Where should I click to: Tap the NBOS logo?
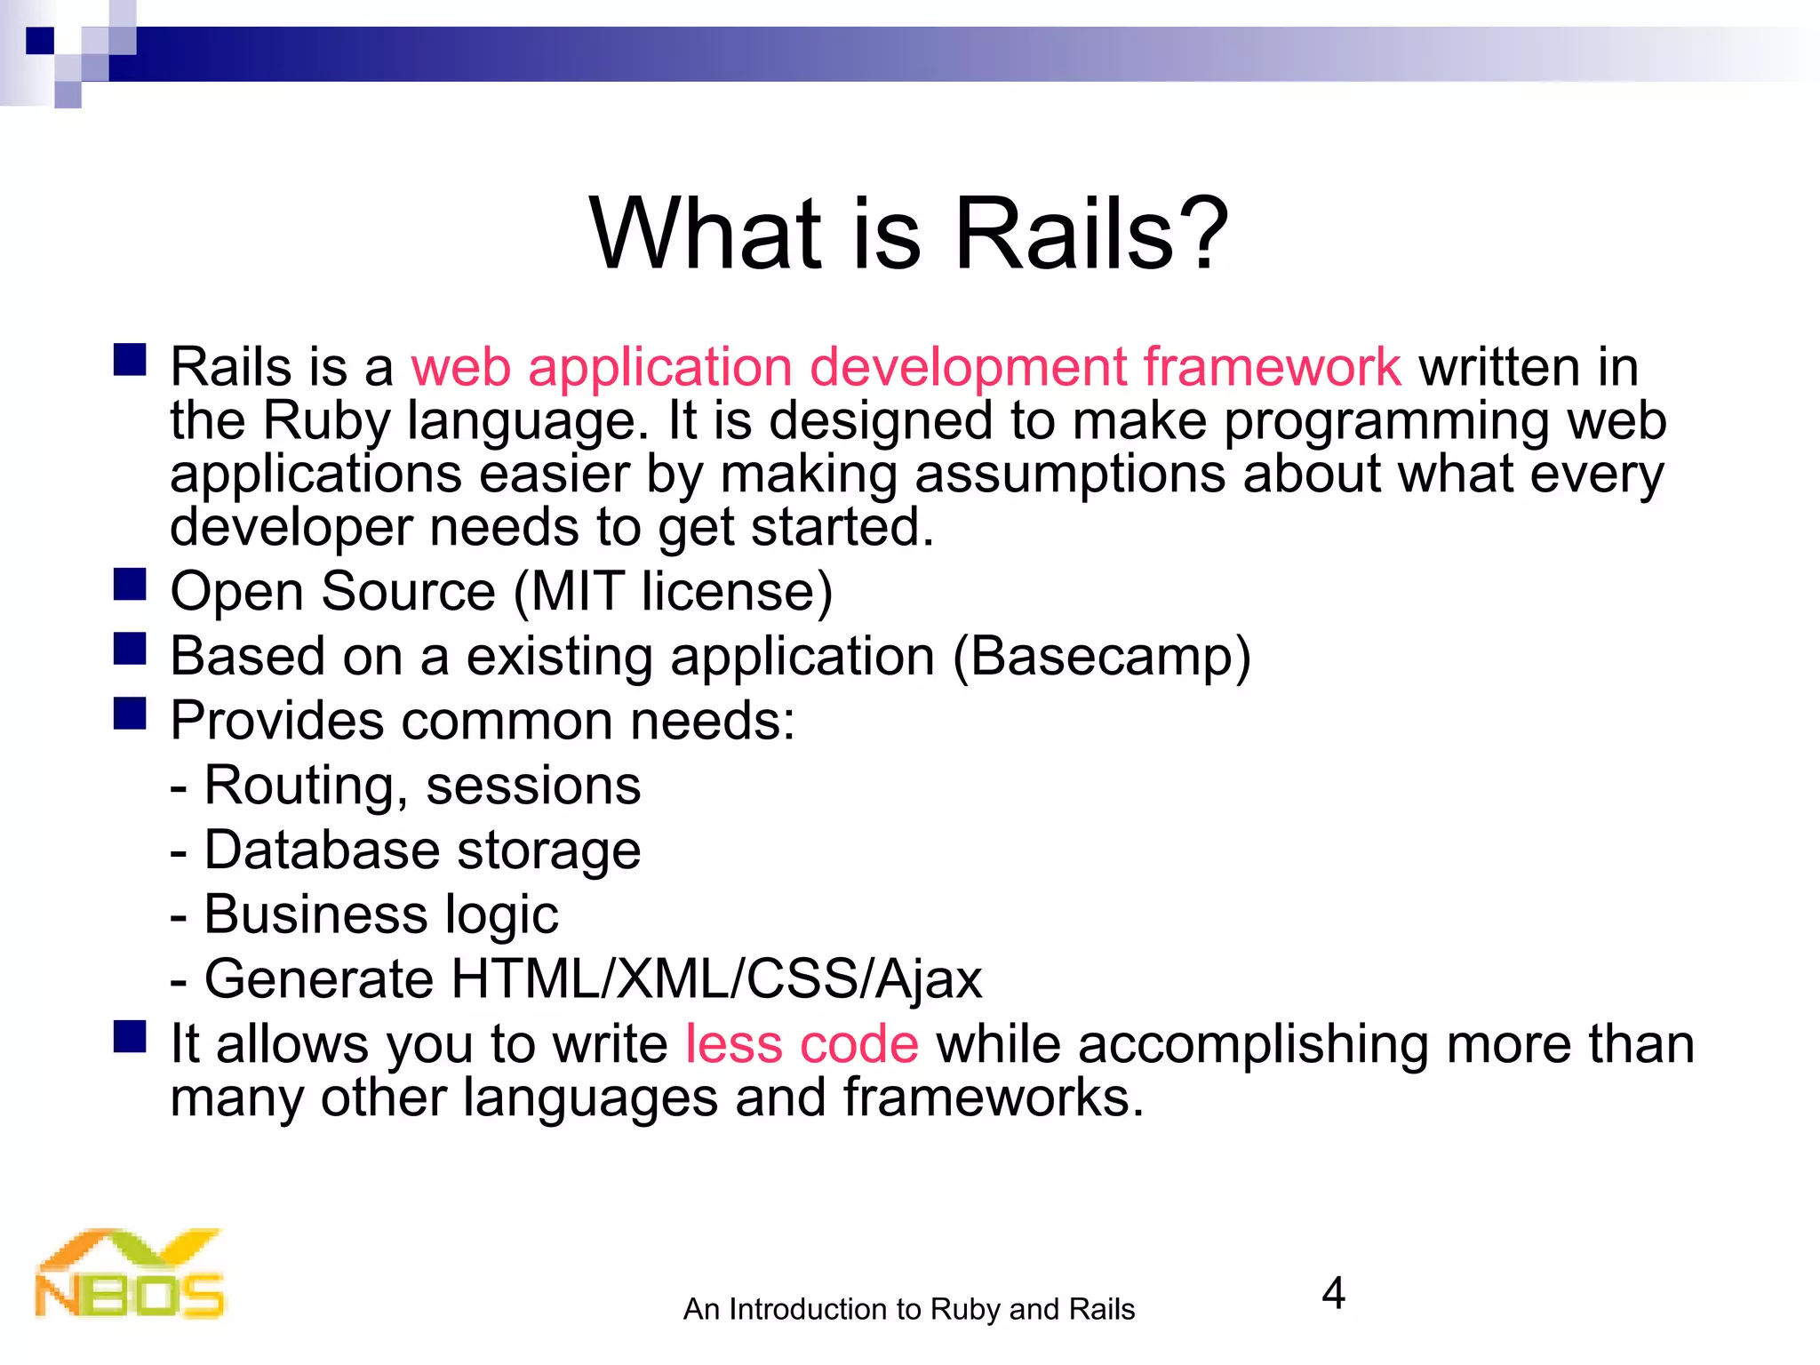(130, 1274)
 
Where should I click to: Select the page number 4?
(1333, 1294)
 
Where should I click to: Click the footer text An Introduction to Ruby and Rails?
(908, 1310)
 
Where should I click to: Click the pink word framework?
(1272, 366)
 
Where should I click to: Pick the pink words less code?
(802, 1043)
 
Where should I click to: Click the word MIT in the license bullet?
(577, 592)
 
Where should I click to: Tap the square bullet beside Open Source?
(130, 585)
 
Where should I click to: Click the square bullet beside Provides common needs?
(130, 714)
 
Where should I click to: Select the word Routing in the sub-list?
(299, 786)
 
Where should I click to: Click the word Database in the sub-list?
(322, 850)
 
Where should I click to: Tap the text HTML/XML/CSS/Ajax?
(716, 979)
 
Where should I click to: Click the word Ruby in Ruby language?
(326, 421)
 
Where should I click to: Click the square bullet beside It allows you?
(130, 1036)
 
